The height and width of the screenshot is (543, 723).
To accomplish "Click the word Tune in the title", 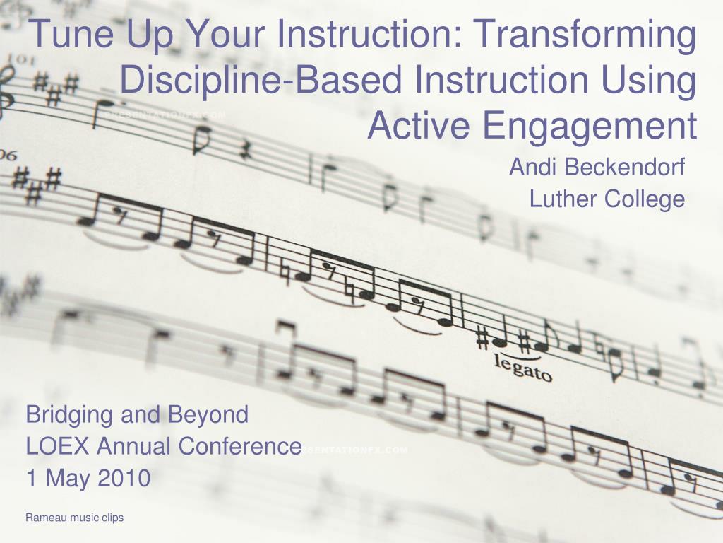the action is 73,33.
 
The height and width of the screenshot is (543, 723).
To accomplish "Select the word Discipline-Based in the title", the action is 261,79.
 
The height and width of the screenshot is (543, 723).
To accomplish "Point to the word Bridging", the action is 69,414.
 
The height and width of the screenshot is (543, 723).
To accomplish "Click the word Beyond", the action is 208,414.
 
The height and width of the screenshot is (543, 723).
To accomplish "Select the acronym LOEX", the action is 58,446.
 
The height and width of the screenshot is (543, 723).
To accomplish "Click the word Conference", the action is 240,446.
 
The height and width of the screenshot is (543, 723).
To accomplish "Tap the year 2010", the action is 124,477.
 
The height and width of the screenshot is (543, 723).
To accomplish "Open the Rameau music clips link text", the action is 75,518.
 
